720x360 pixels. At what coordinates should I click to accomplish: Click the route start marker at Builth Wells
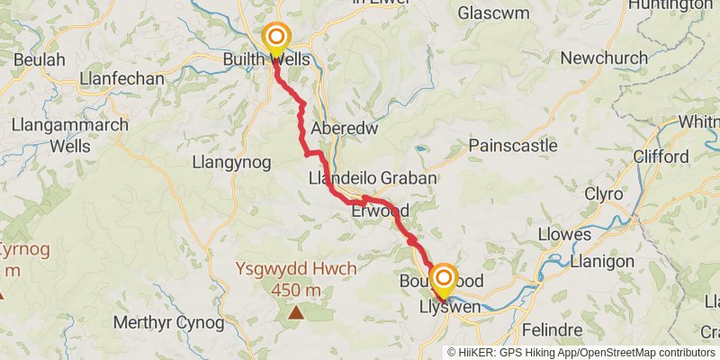point(276,39)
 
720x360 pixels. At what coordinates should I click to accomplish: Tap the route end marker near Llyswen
point(443,279)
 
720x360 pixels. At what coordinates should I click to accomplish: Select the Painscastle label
point(512,145)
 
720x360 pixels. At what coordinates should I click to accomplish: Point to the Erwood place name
point(381,211)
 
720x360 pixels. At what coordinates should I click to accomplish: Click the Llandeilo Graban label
point(372,178)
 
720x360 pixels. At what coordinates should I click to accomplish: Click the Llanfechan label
point(121,79)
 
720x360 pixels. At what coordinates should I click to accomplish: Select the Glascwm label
point(490,13)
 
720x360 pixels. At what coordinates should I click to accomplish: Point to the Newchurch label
point(603,58)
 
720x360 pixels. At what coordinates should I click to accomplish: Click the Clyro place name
point(603,193)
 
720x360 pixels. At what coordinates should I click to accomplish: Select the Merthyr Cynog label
point(168,322)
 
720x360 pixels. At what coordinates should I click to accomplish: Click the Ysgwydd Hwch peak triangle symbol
point(296,312)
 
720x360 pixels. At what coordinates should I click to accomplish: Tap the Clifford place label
point(661,157)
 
